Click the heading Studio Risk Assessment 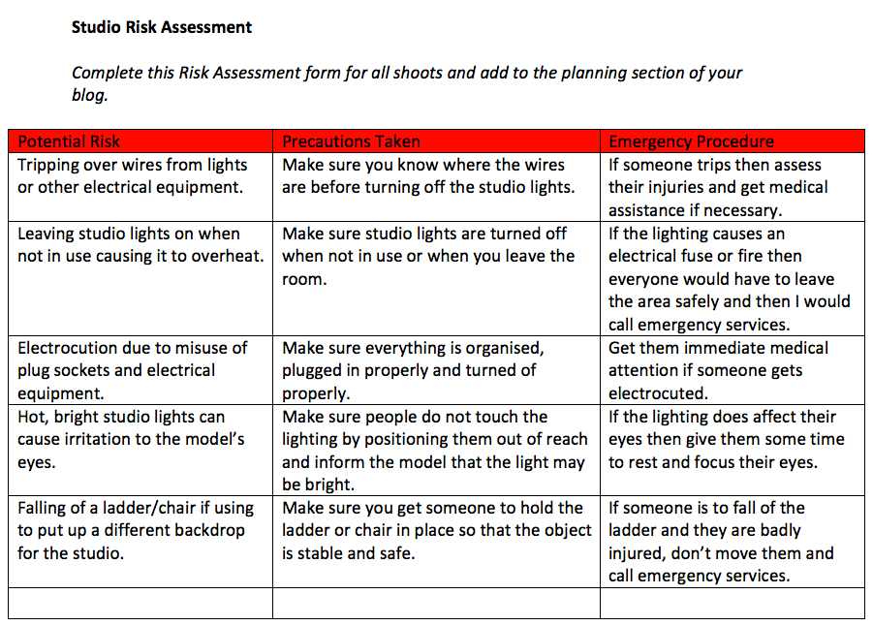click(161, 27)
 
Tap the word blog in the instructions click(89, 95)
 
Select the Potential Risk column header click(69, 141)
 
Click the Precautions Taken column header click(351, 141)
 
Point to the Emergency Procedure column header click(691, 141)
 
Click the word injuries click(678, 187)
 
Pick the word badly click(776, 530)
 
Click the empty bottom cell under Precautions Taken click(436, 604)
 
